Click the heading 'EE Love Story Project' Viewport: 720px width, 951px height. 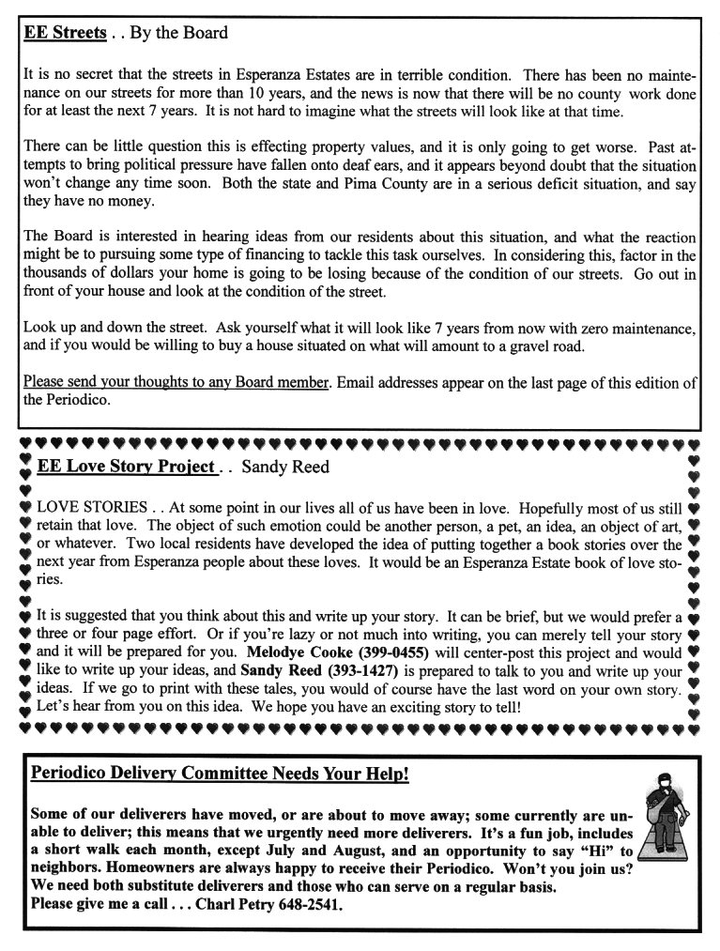[x=126, y=467]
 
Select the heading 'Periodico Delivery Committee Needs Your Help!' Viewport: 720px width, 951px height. [x=219, y=775]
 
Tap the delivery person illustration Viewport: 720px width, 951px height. [x=664, y=819]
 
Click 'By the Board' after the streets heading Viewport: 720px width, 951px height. [x=178, y=34]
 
